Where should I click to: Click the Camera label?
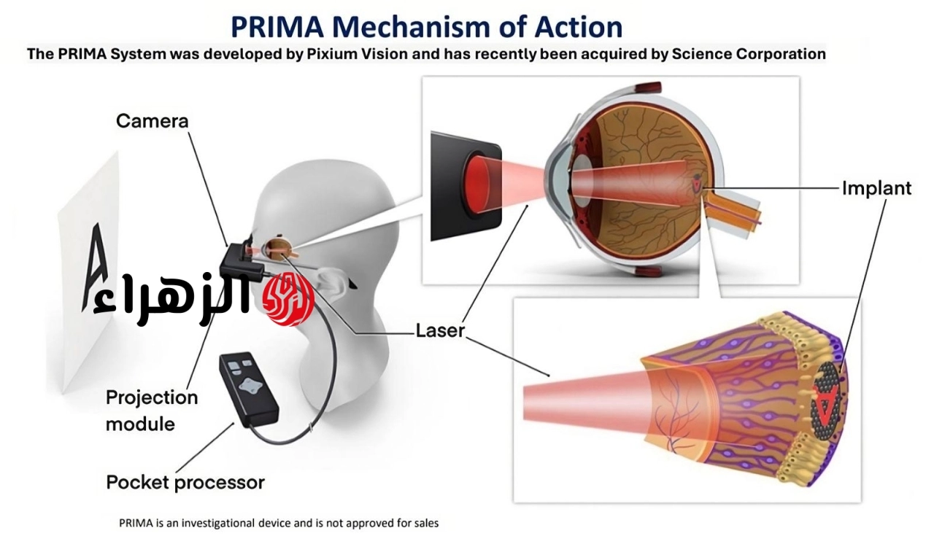153,121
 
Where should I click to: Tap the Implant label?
876,188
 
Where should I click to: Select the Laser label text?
440,331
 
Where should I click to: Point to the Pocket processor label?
185,482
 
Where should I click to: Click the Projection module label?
152,411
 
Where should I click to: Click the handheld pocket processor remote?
249,389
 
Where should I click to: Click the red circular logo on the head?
288,299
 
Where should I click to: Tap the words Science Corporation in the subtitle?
749,54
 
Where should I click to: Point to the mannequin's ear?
331,281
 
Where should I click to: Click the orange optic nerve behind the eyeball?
732,211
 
